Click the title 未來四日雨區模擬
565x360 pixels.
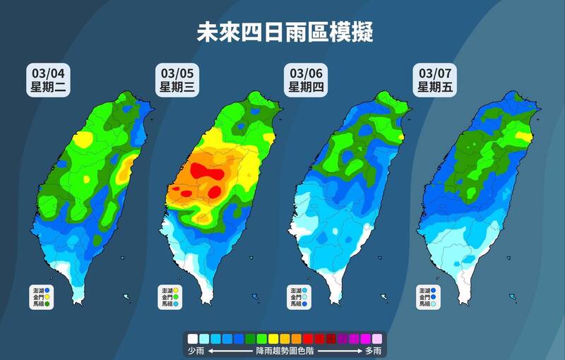pyautogui.click(x=284, y=31)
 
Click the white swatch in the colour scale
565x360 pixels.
pyautogui.click(x=193, y=339)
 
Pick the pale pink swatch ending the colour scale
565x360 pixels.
pyautogui.click(x=377, y=339)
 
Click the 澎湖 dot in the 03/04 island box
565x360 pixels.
pyautogui.click(x=47, y=289)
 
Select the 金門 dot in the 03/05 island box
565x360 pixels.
pyautogui.click(x=175, y=297)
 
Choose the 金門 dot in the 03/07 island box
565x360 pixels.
pyautogui.click(x=433, y=297)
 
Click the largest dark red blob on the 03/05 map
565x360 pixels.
pyautogui.click(x=209, y=171)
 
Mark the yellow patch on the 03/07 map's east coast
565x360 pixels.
pyautogui.click(x=523, y=136)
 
